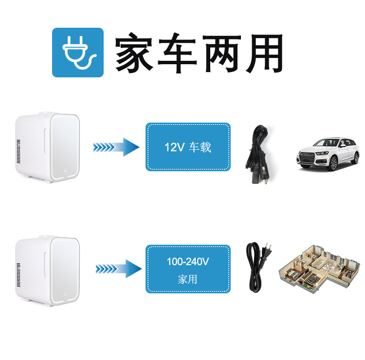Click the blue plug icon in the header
(78, 53)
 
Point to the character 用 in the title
(263, 53)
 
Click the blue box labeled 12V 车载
(188, 147)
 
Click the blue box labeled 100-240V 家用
(188, 269)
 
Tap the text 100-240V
(188, 262)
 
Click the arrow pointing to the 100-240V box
(117, 269)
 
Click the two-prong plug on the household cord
(267, 251)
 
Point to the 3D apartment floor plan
(318, 269)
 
